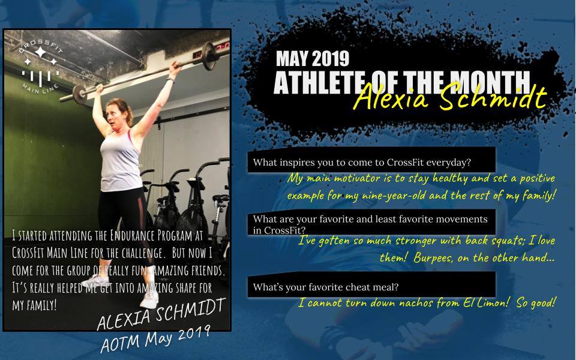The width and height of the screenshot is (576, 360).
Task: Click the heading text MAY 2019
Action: click(x=313, y=58)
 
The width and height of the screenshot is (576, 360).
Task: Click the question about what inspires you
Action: click(x=362, y=163)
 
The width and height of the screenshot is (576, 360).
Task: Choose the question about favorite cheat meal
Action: click(x=325, y=287)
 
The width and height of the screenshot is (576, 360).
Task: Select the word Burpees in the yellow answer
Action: click(x=433, y=258)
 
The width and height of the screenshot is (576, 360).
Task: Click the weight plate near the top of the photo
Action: click(x=209, y=56)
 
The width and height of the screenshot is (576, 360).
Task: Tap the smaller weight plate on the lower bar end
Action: click(x=79, y=95)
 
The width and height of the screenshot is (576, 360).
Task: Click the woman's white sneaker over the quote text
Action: click(x=150, y=299)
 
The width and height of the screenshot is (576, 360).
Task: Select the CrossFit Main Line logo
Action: click(x=40, y=65)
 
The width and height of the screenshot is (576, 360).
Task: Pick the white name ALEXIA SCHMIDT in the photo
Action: click(x=161, y=314)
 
